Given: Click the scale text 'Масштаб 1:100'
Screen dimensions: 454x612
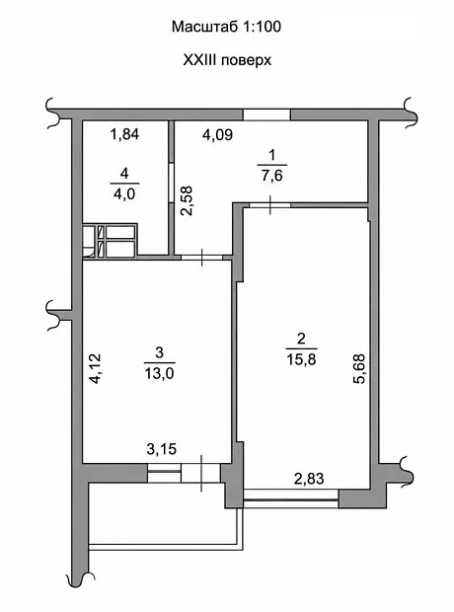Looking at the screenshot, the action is point(226,27).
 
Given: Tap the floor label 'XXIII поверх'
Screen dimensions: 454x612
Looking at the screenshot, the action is point(227,60).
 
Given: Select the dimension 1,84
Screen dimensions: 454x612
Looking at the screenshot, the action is point(125,134).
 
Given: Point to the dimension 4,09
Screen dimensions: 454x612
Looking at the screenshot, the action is point(217,135).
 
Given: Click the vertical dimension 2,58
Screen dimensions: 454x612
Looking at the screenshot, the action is point(187,200).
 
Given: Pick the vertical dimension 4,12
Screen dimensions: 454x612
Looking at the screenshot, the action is point(94,368).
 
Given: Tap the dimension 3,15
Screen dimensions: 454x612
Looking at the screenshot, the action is point(162,449).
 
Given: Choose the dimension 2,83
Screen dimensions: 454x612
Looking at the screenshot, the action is point(309,479).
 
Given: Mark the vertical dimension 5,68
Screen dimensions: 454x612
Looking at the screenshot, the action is point(358,369).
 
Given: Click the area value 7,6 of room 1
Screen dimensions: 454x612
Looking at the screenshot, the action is point(272,176).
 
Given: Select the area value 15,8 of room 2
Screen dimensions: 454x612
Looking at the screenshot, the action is point(301,359).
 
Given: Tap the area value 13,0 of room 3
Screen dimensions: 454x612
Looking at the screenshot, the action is point(159,374).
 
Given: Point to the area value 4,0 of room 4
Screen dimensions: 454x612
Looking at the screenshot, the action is point(124,194).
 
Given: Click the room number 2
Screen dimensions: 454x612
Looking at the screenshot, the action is point(301,339).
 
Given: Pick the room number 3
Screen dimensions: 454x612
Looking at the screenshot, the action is point(159,352).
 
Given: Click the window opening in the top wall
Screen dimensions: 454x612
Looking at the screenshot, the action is point(266,115).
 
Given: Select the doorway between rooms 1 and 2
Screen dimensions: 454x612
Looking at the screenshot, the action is point(270,205).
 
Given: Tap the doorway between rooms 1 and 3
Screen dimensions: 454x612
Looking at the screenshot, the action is point(201,258).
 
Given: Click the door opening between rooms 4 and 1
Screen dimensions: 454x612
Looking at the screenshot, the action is point(171,183).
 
